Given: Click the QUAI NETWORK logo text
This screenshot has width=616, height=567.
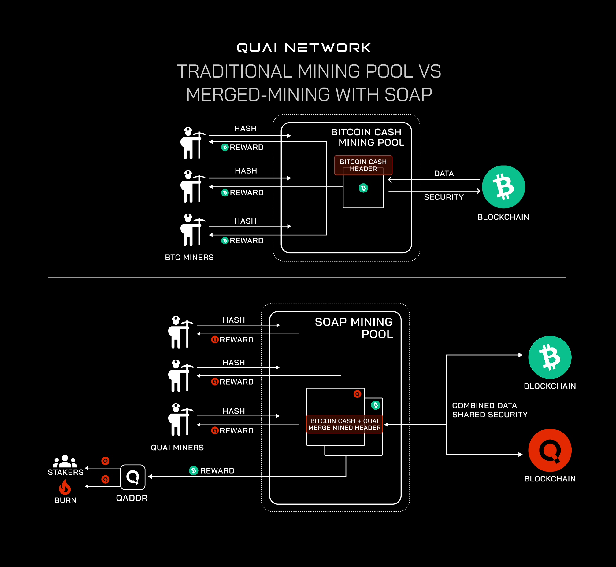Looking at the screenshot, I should tap(303, 48).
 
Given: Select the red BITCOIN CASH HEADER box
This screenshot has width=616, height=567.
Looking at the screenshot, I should tap(363, 165).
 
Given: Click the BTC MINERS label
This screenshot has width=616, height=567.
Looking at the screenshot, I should tap(189, 258).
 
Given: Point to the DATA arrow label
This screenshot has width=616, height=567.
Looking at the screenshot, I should tap(443, 174).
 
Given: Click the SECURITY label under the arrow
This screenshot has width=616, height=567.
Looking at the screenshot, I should tap(443, 197).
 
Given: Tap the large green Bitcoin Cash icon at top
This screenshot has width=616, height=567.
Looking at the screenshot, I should tap(503, 187).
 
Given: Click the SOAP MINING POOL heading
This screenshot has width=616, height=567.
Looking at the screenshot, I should tap(354, 328).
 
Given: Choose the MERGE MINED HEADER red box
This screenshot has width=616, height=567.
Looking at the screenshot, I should tap(344, 424).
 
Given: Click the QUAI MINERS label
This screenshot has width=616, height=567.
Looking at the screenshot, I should tap(177, 448).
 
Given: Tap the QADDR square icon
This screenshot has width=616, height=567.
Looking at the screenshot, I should tap(133, 477).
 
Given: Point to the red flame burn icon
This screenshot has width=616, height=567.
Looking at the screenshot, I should tap(65, 487).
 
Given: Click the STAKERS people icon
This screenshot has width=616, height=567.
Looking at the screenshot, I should tap(65, 461).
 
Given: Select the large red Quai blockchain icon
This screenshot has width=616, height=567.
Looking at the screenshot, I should tap(550, 450).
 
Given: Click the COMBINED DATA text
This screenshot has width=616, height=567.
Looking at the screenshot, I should tap(484, 405).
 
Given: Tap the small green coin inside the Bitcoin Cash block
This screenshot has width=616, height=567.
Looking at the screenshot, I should tap(363, 188).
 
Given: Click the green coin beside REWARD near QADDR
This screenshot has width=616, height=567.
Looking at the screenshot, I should tap(194, 470).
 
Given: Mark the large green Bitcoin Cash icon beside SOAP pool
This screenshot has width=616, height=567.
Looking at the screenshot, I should tap(550, 357).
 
